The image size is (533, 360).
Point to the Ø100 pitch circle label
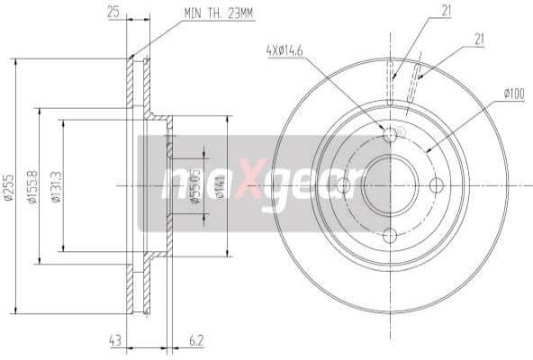[x=514, y=93]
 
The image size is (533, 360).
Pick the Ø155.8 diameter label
[x=33, y=186]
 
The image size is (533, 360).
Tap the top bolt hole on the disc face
[x=390, y=135]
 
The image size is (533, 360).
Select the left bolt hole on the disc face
[x=342, y=185]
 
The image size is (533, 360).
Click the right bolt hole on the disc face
[x=438, y=185]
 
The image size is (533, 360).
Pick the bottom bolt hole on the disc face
[x=390, y=235]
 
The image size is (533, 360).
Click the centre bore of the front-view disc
[x=390, y=185]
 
